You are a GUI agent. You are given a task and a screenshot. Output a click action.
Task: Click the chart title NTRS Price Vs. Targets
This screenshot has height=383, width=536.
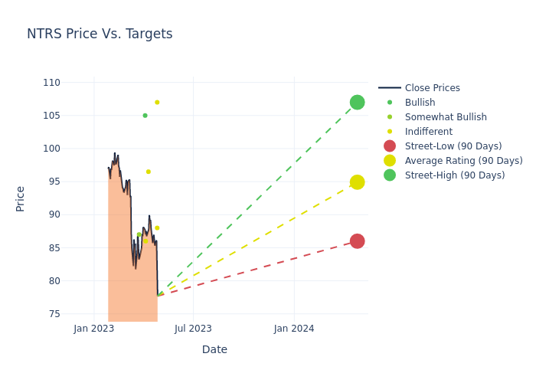pyautogui.click(x=100, y=34)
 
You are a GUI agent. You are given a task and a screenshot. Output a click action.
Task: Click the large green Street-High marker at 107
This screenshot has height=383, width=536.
pyautogui.click(x=357, y=103)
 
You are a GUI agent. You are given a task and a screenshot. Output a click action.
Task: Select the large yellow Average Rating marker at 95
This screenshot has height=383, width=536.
pyautogui.click(x=357, y=182)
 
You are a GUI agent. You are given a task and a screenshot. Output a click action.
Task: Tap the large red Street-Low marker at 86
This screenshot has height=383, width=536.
pyautogui.click(x=357, y=241)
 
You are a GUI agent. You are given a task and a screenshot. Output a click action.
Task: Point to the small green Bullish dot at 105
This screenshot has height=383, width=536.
pyautogui.click(x=145, y=116)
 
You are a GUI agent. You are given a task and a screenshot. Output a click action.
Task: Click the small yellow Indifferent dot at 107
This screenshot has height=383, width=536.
pyautogui.click(x=157, y=103)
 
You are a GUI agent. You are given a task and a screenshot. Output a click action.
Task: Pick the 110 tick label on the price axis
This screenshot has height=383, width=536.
pyautogui.click(x=51, y=83)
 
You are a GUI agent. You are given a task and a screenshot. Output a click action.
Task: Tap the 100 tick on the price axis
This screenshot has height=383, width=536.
pyautogui.click(x=51, y=149)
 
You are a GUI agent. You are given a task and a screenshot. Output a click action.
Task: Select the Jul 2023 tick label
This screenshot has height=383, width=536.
pyautogui.click(x=193, y=329)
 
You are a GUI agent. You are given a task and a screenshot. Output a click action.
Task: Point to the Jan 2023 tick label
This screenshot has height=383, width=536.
pyautogui.click(x=94, y=329)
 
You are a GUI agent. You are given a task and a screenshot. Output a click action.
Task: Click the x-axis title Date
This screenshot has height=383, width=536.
pyautogui.click(x=214, y=350)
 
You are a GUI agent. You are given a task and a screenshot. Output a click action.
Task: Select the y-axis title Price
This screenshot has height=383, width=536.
pyautogui.click(x=21, y=198)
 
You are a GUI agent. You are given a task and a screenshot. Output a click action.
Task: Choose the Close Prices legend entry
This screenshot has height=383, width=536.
pyautogui.click(x=432, y=88)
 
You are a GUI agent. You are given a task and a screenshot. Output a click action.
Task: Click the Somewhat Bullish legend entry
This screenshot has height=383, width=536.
pyautogui.click(x=446, y=117)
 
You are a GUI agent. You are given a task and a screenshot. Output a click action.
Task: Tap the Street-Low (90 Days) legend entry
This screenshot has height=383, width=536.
pyautogui.click(x=453, y=146)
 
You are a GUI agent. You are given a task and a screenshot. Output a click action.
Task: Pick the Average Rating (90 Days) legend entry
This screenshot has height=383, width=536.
pyautogui.click(x=463, y=161)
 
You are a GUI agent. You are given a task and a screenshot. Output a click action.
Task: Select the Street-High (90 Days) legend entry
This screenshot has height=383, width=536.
pyautogui.click(x=455, y=175)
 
